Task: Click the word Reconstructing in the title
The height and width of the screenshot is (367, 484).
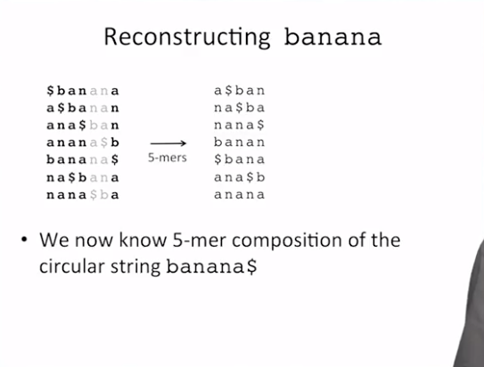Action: coord(187,37)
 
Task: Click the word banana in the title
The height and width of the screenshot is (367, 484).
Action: coord(332,37)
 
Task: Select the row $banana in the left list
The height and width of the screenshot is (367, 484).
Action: coord(83,91)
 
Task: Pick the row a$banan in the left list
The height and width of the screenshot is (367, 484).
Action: coord(83,108)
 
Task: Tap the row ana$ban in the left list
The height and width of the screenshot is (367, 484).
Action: coord(83,126)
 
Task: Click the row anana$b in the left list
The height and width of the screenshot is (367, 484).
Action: coord(83,143)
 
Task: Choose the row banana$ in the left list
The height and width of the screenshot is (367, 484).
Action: coord(83,159)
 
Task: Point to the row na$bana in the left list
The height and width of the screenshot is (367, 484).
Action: coord(83,177)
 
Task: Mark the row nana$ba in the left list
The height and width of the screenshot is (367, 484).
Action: coord(83,195)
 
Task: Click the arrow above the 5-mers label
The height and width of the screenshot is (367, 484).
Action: coord(168,143)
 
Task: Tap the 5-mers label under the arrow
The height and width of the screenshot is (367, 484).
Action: coord(168,158)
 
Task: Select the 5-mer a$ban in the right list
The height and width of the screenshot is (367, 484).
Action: coord(240,91)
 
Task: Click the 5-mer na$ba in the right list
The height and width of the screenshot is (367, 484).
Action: coord(240,108)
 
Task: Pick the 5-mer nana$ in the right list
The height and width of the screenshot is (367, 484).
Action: coord(240,126)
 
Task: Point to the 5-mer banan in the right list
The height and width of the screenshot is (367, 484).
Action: coord(240,143)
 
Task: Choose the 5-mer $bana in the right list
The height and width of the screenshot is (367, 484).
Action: coord(240,159)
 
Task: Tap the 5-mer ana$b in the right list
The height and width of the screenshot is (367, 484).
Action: coord(240,177)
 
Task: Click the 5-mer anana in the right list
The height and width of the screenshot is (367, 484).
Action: coord(240,194)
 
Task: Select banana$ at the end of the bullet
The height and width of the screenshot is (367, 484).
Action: coord(211,266)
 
